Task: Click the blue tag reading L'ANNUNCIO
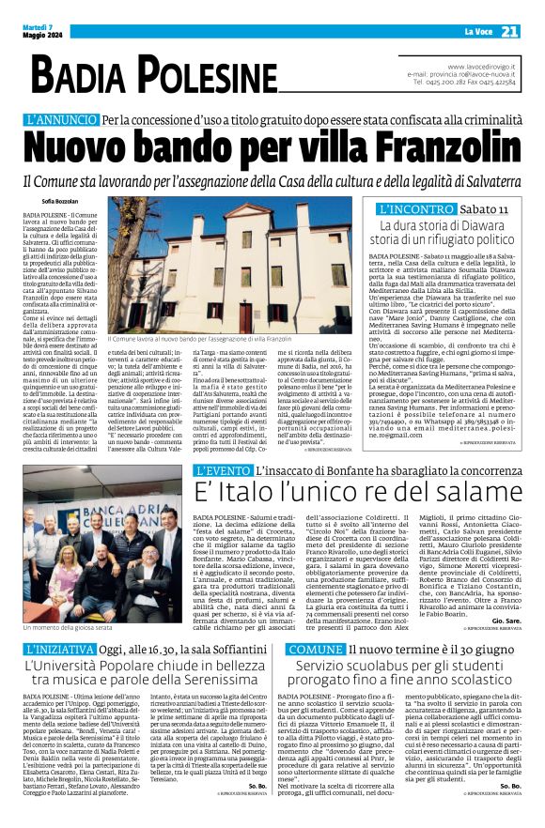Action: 61,120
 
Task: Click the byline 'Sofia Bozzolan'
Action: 61,200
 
